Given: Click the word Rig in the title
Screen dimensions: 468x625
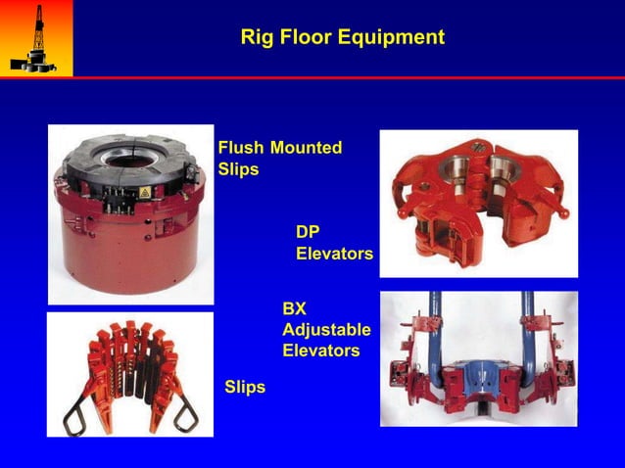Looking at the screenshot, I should coord(256,38).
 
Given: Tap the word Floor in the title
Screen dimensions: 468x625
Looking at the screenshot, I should coord(303,38).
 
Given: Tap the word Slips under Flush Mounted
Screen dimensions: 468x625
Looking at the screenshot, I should coord(238,168).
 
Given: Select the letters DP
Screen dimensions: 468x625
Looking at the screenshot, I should coord(309,232).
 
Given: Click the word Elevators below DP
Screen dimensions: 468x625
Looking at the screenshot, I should coord(334,254).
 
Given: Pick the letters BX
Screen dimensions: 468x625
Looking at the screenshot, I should coord(295,308).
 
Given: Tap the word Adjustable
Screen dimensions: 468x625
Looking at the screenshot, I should coord(326,329).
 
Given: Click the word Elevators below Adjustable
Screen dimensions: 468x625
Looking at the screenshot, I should coord(320,350).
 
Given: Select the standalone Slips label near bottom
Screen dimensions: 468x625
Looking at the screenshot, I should coord(245,388).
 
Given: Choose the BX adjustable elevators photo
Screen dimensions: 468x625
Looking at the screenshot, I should coord(479,358).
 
